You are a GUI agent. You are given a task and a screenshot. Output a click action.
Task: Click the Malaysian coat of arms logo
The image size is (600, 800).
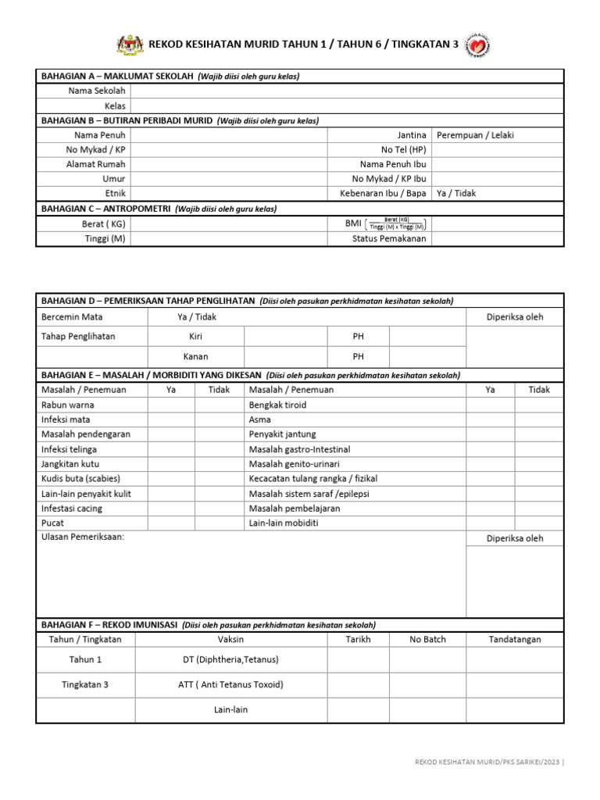pos(130,45)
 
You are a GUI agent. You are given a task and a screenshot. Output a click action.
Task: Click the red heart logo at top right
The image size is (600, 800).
pos(477,45)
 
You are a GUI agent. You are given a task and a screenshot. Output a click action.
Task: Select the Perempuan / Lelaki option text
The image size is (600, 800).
pos(475,135)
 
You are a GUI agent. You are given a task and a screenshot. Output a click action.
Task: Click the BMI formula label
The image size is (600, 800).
pos(386,224)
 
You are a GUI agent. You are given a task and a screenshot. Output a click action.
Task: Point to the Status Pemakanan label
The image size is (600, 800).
pos(389,239)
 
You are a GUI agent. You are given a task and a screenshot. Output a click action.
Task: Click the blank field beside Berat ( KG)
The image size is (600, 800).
pos(228,224)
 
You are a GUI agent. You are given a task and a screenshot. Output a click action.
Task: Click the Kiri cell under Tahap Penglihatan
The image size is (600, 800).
pos(195,337)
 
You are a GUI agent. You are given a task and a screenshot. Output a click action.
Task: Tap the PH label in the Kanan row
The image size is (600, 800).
pos(358,356)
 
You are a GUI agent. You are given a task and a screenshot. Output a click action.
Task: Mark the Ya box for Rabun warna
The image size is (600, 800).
pos(171,405)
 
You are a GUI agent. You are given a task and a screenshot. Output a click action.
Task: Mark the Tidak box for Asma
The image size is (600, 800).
pos(539,420)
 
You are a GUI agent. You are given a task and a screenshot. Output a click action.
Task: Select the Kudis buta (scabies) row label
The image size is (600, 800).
pos(80,478)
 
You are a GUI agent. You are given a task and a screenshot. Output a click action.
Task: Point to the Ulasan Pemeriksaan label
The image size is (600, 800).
pos(82,537)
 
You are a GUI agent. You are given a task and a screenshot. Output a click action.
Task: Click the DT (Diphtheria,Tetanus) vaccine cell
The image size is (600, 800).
pos(230,659)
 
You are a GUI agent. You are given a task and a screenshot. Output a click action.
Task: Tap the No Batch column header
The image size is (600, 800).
pos(427,639)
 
